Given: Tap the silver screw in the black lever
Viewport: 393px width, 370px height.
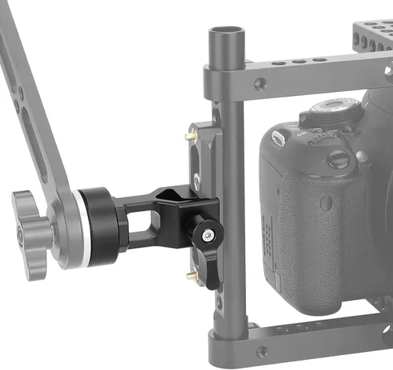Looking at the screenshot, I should coord(207,236).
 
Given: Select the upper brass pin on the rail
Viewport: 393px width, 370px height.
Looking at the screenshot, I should coord(190,136).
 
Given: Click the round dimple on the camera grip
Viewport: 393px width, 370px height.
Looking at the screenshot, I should coord(325,203).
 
